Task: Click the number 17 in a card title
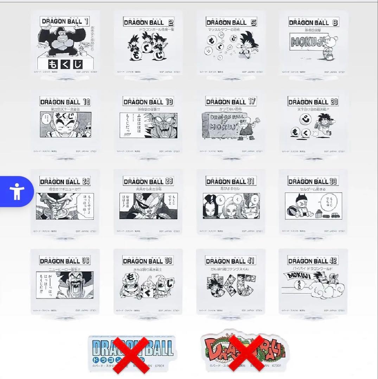[251, 101]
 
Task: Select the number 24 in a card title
[86, 181]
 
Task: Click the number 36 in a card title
[85, 261]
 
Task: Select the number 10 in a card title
[86, 102]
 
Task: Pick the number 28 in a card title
[169, 181]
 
